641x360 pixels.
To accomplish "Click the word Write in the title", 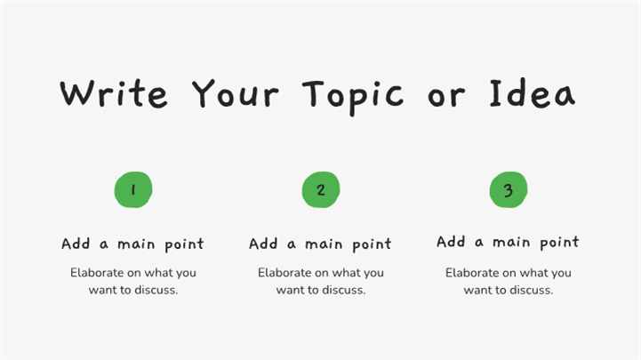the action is pos(114,94).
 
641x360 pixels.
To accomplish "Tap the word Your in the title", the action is pos(236,94).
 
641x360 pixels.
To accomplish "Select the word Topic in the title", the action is pos(353,97).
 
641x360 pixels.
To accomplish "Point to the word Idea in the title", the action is pos(533,94).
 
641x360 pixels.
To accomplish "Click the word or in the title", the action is pos(446,97).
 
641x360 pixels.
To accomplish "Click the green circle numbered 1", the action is pos(133,189).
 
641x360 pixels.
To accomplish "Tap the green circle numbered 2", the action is pos(321,189).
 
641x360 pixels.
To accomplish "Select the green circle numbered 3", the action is pos(509,189).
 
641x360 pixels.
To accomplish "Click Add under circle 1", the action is pos(76,244).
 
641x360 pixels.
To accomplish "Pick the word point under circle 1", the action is pos(184,245).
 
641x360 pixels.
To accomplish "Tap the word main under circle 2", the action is pos(324,244).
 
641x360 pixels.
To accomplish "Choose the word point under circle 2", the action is pos(372,245).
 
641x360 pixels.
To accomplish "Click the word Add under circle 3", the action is pos(451,242).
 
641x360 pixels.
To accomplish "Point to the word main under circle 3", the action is pos(511,242).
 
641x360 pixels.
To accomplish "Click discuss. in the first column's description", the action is pos(156,290).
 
